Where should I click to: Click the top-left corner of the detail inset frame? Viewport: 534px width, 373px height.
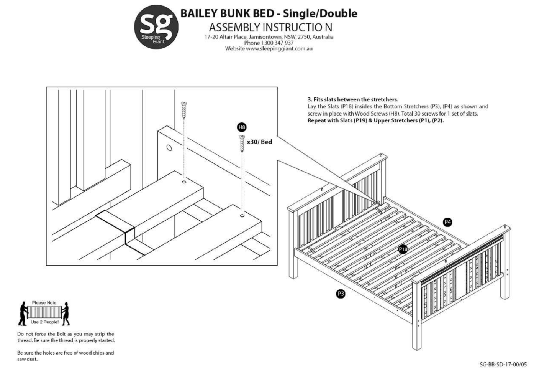click(46, 87)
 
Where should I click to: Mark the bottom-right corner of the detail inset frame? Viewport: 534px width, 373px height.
click(277, 265)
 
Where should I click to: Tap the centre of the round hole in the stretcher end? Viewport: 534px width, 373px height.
click(169, 148)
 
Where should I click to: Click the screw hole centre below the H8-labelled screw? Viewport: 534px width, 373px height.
click(242, 216)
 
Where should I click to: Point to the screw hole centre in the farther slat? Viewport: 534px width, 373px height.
click(183, 182)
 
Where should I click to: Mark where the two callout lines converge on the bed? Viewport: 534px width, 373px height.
click(379, 203)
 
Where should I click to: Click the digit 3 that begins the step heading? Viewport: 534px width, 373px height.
click(310, 99)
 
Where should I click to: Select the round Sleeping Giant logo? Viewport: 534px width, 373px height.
click(156, 27)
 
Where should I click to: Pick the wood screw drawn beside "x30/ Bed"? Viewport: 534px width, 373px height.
click(242, 144)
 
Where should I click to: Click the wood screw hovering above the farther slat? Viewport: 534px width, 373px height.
click(184, 110)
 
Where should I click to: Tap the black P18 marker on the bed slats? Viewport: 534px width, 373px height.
click(403, 249)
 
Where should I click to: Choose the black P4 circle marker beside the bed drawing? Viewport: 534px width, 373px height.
click(447, 222)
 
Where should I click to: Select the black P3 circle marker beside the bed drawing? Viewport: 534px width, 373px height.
click(341, 294)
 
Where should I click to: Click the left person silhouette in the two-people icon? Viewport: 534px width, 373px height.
click(23, 314)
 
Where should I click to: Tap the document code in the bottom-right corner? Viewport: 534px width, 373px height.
click(503, 365)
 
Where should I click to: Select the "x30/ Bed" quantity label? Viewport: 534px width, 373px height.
click(259, 142)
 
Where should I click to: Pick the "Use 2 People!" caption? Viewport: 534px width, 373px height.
click(44, 322)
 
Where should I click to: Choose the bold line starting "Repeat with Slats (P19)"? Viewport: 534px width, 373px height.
click(376, 120)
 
